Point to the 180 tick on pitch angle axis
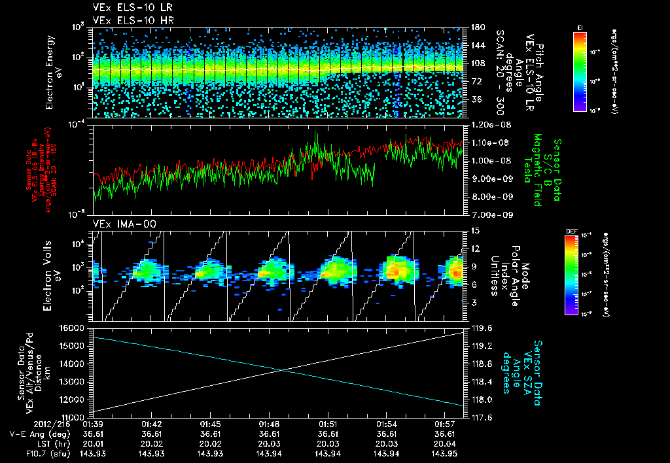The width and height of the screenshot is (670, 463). tap(472, 27)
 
